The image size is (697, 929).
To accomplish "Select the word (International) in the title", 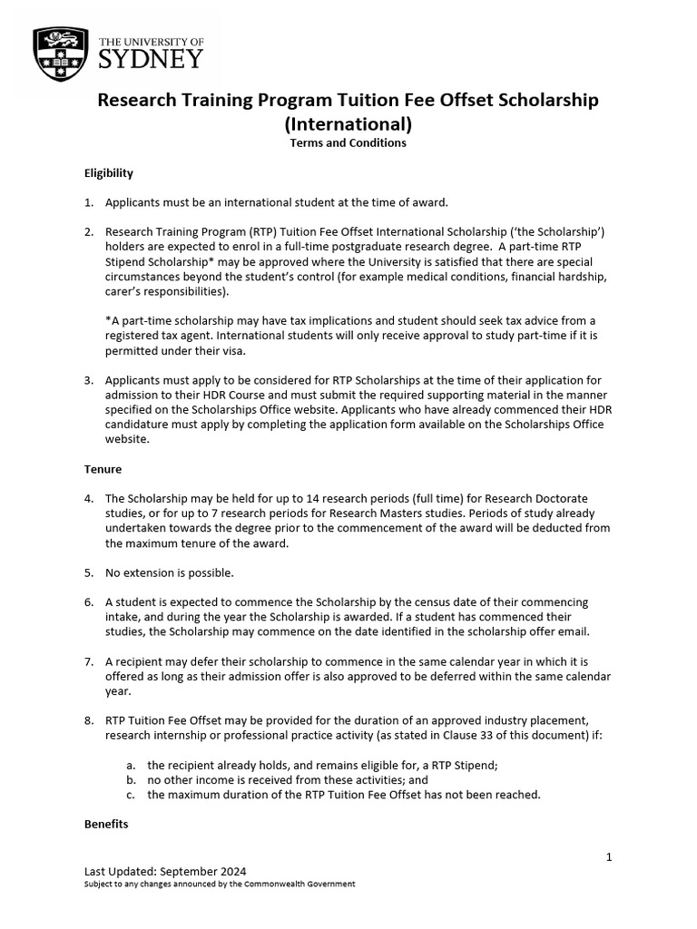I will pos(348,122).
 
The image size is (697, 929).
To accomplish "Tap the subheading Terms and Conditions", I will pos(348,143).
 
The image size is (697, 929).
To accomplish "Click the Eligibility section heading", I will pos(109,172).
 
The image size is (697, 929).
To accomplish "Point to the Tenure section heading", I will pos(103,469).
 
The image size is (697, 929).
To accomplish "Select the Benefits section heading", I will pos(106,824).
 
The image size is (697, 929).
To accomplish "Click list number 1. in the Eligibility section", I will pos(89,201).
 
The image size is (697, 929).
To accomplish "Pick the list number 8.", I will pos(89,720).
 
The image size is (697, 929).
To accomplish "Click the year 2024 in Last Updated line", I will pos(231,871).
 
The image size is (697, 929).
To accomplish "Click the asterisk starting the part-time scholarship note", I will pos(108,320).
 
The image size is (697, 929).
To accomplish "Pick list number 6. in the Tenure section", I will pos(89,602).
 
